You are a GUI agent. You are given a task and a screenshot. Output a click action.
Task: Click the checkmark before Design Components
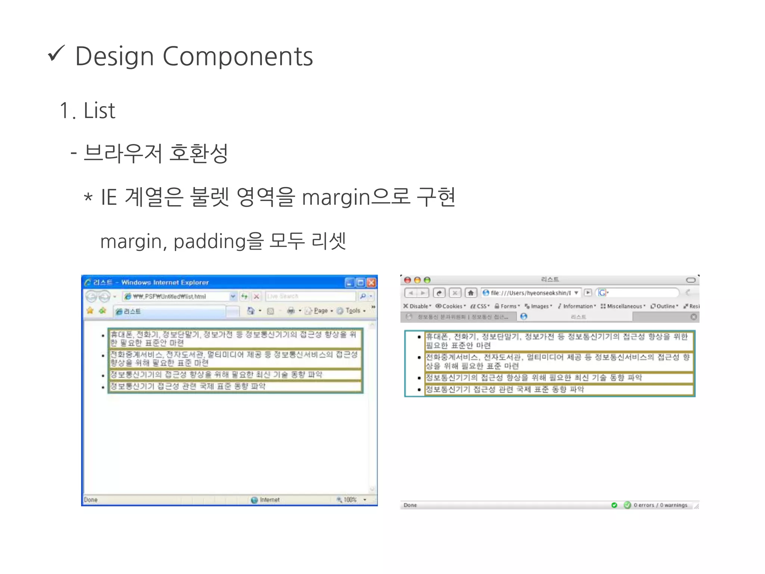56,54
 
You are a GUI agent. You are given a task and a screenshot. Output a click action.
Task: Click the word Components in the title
238,57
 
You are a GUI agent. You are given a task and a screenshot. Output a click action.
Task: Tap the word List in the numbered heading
99,111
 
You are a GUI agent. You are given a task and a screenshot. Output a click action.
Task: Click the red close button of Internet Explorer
371,283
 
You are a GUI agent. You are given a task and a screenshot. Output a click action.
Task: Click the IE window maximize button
360,283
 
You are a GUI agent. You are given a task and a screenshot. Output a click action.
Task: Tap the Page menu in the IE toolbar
320,311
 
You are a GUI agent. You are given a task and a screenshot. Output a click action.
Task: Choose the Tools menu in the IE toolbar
353,311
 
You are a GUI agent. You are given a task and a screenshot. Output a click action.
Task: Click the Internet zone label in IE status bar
269,500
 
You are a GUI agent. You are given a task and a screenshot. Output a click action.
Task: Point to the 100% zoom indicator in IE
350,500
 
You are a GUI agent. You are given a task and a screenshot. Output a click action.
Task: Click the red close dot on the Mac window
408,280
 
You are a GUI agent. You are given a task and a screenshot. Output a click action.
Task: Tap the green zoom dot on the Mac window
427,280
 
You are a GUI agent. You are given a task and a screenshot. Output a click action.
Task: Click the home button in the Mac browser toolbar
471,293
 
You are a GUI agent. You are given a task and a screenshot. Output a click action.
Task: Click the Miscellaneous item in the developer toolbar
624,306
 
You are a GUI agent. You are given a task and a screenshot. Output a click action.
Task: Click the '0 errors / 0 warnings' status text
660,505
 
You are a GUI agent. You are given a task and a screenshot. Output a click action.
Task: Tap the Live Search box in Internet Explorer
310,296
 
